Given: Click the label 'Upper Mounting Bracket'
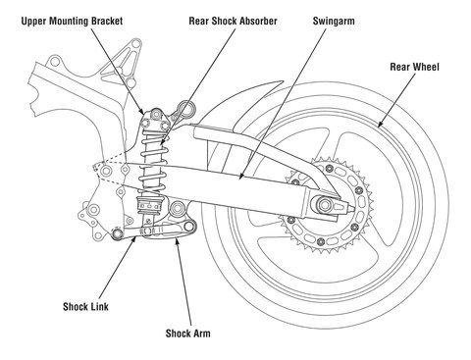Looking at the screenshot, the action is (x=72, y=22).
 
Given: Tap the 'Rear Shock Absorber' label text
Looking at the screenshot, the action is (x=233, y=22).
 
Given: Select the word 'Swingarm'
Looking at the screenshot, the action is (x=334, y=22).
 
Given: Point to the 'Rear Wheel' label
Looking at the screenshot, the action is (x=414, y=67).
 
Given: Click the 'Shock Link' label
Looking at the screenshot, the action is (x=85, y=307).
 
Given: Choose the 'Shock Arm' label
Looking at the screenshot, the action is (x=188, y=334).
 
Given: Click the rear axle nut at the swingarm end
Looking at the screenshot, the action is (x=325, y=205).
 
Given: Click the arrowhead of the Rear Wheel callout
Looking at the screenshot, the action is (x=380, y=125).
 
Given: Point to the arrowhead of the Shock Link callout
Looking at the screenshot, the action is (x=133, y=239).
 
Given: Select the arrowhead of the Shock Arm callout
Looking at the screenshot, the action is (x=177, y=241).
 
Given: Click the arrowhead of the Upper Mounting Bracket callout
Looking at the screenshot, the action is (x=142, y=111).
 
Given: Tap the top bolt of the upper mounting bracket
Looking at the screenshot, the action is (x=157, y=114).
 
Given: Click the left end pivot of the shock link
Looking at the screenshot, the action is (x=117, y=233).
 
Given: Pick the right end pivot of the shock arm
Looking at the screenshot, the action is (x=188, y=227).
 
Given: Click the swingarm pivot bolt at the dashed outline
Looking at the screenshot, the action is (x=106, y=171).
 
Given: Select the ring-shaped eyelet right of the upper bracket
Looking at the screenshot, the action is (x=185, y=109).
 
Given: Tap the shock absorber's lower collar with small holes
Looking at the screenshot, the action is (x=149, y=205).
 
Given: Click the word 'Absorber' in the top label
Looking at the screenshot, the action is (x=258, y=22).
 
